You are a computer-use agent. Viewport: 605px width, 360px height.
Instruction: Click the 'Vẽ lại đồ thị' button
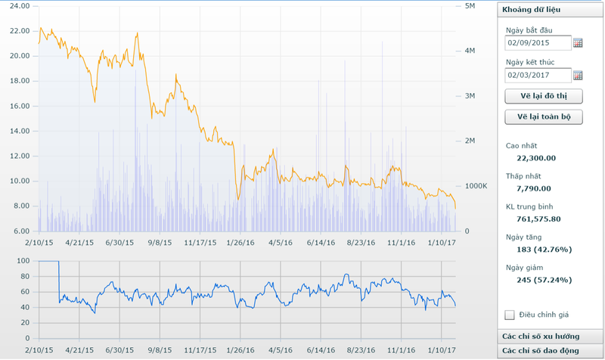point(543,96)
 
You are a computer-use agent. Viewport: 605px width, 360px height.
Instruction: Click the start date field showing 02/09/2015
point(538,42)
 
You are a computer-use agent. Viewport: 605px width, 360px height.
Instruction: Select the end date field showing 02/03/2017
point(538,75)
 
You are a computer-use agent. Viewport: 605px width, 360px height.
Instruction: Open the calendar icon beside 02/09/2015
point(578,42)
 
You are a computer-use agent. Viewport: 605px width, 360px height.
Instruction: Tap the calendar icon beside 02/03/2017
point(578,75)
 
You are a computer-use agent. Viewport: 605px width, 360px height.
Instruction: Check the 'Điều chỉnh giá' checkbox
point(509,315)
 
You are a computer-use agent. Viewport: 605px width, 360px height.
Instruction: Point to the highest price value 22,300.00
point(536,158)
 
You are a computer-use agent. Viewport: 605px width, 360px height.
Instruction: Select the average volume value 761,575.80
point(539,219)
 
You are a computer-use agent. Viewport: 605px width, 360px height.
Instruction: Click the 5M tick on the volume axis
point(469,6)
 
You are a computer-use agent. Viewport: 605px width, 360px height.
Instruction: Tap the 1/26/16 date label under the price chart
point(240,244)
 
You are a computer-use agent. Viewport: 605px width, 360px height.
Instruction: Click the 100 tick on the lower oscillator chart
point(22,261)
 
